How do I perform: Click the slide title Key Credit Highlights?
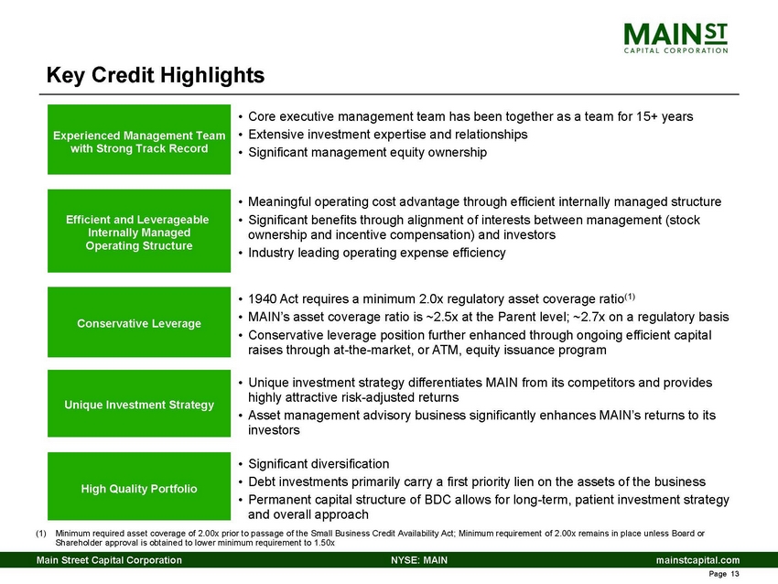pyautogui.click(x=156, y=74)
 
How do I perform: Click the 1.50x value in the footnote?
pyautogui.click(x=322, y=543)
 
